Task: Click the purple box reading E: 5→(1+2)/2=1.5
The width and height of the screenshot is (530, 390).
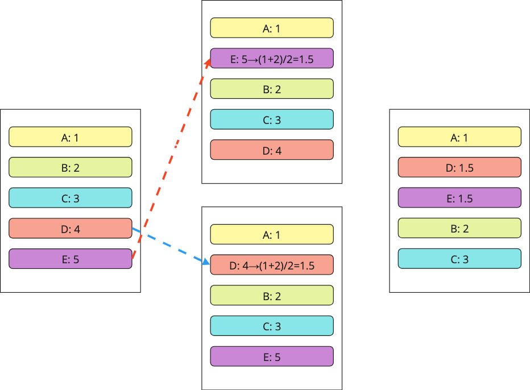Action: point(272,58)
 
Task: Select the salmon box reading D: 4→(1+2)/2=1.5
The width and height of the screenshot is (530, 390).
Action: point(272,264)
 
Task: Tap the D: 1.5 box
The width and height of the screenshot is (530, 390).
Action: point(459,167)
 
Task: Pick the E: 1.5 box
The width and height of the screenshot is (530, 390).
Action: point(459,198)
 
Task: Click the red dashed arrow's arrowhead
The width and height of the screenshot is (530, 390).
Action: point(208,63)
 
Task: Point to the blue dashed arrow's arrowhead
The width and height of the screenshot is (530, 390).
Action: point(206,262)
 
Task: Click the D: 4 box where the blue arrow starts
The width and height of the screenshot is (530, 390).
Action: point(71,229)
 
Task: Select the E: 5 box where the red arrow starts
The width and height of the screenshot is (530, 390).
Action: point(71,259)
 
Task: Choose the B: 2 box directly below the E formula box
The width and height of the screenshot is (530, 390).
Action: point(272,89)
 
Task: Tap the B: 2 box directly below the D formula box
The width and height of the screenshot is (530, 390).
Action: point(272,296)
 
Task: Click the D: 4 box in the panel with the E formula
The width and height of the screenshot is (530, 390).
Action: point(272,150)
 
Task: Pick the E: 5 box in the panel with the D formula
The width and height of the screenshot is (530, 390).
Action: point(272,356)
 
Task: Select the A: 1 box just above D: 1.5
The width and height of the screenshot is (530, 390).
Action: point(459,137)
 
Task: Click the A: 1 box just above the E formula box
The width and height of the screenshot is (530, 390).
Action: point(272,28)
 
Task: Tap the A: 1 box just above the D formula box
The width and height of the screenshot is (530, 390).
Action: point(272,234)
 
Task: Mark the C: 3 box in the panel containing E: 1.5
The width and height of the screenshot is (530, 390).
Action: point(459,259)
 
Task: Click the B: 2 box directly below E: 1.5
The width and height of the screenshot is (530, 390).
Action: point(459,228)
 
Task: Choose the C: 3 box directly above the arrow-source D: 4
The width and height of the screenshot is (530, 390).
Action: point(71,198)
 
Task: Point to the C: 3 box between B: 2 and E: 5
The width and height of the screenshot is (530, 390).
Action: point(272,326)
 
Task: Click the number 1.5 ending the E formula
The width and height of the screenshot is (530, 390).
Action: point(307,60)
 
